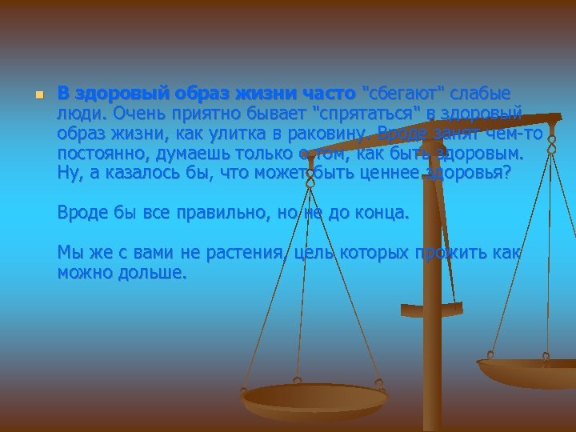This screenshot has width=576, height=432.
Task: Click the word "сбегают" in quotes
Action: [x=398, y=92]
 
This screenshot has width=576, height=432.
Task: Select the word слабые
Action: [x=478, y=92]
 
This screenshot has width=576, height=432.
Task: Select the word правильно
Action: [x=222, y=214]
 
